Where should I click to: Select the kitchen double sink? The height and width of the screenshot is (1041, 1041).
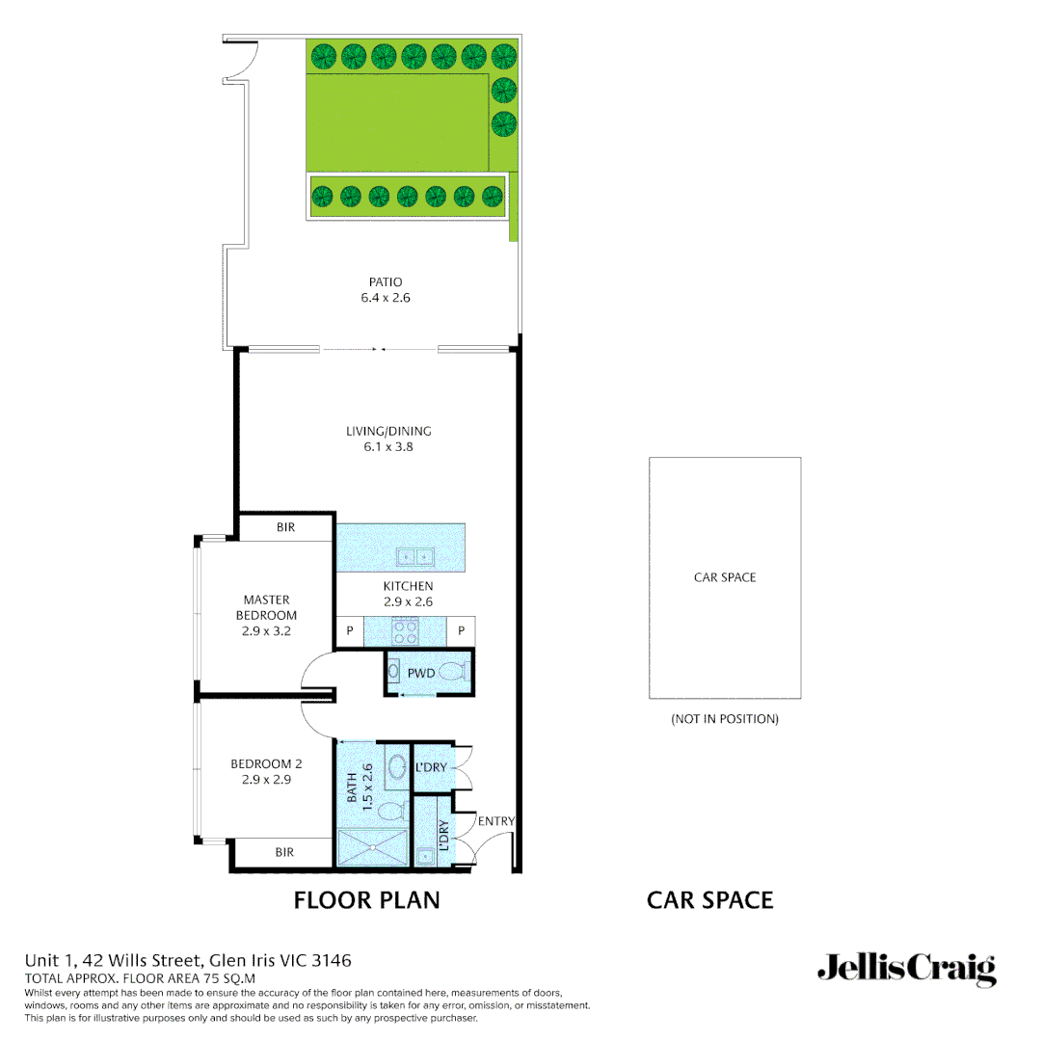point(416,556)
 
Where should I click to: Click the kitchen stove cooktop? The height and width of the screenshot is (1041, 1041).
point(405,631)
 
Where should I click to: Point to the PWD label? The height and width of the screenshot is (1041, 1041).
point(421,673)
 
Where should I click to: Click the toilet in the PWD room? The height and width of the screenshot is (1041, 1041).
point(454,674)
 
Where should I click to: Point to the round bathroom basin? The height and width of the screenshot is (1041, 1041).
point(395,769)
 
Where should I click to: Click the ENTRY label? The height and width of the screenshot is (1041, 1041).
point(496,821)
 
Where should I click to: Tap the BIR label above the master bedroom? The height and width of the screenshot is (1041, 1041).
point(285,528)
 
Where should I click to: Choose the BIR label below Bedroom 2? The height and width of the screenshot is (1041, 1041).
point(284,852)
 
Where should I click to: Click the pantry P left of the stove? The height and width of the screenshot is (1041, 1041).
point(348,631)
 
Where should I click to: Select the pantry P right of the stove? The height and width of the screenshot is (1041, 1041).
point(462,631)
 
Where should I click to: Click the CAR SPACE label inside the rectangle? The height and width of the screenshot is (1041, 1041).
point(725,577)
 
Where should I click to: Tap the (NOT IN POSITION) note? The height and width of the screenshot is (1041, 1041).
point(725,719)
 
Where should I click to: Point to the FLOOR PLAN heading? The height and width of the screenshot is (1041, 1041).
point(366,900)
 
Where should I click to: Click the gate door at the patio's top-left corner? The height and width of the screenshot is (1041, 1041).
point(241,61)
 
